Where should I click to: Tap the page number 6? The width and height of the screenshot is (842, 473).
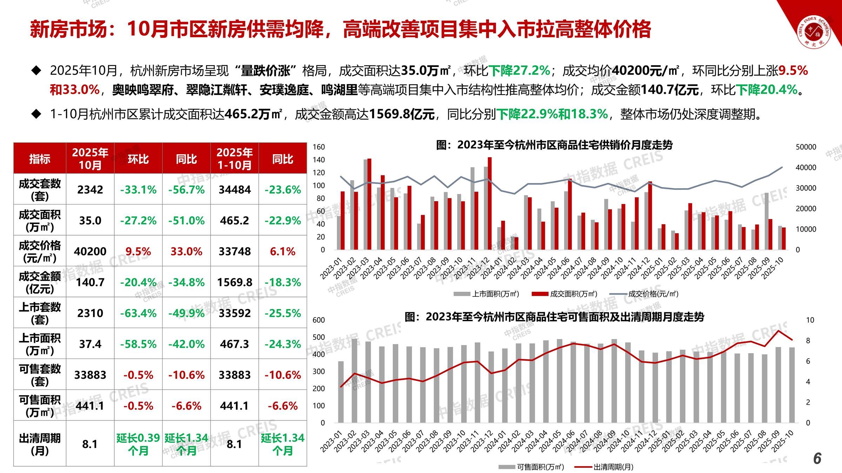pos(817,458)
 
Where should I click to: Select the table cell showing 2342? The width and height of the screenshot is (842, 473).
pos(90,190)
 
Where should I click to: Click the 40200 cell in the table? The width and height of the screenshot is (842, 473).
pos(90,251)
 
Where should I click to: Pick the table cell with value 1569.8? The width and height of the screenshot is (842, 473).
pos(234,282)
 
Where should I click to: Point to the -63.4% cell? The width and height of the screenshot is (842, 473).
pos(138,313)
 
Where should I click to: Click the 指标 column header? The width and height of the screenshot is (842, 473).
pos(40,159)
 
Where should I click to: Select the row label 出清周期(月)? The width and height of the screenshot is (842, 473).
pos(40,444)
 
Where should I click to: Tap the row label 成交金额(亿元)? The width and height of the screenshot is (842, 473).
pos(40,282)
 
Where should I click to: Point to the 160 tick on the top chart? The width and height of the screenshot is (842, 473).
pos(319,147)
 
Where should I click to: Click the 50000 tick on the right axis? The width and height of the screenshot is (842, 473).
pos(806,147)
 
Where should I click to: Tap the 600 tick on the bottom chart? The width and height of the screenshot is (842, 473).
pos(319,320)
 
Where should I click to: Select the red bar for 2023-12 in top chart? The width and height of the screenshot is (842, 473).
pos(490,203)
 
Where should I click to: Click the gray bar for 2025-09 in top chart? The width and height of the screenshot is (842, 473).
pos(767,221)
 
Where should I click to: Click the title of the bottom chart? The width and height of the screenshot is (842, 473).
pos(554,317)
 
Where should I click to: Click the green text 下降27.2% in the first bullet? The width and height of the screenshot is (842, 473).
pos(519,71)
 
